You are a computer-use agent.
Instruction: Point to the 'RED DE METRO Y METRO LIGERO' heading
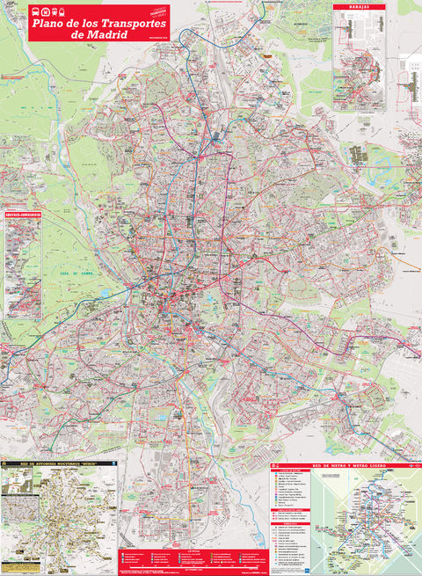[343, 463]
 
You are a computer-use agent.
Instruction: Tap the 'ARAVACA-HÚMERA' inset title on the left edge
[23, 212]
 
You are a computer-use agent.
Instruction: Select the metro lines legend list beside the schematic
[291, 501]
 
